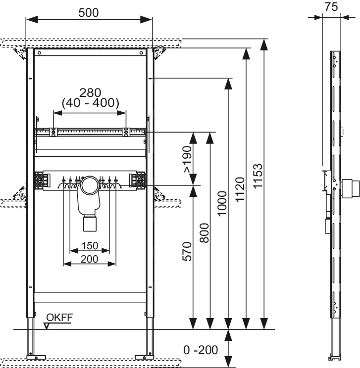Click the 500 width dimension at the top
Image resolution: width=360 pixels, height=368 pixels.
88,13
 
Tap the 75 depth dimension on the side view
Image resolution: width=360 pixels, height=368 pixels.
331,7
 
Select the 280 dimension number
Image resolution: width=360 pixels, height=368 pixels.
90,92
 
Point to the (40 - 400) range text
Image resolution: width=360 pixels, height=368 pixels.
91,103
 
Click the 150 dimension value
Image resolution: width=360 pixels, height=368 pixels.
90,246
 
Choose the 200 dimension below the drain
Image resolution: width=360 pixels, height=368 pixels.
90,259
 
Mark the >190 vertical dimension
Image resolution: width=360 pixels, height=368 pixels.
188,159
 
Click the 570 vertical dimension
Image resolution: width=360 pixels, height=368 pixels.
187,251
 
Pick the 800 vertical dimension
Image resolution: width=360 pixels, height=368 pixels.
204,233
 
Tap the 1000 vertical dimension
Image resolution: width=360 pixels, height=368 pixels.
222,203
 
